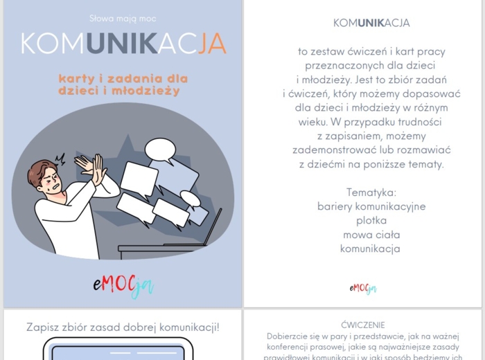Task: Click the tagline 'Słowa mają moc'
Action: pyautogui.click(x=123, y=18)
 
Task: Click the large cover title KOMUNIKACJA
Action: pyautogui.click(x=123, y=43)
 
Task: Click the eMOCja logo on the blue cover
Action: pyautogui.click(x=123, y=285)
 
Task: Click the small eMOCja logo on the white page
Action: pyautogui.click(x=362, y=288)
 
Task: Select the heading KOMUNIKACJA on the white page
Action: pyautogui.click(x=371, y=23)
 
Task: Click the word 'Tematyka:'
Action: pyautogui.click(x=371, y=192)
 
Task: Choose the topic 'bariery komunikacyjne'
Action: pyautogui.click(x=371, y=206)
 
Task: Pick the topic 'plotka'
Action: pyautogui.click(x=371, y=220)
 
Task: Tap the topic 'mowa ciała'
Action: pyautogui.click(x=371, y=235)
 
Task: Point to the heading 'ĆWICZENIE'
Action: pyautogui.click(x=363, y=325)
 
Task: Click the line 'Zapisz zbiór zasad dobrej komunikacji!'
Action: pyautogui.click(x=123, y=327)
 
